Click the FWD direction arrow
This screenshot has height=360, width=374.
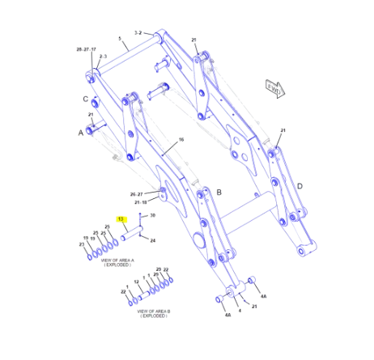pyautogui.click(x=274, y=88)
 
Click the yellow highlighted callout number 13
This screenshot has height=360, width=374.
pyautogui.click(x=120, y=218)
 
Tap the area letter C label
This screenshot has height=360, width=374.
pyautogui.click(x=84, y=99)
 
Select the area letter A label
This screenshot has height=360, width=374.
pyautogui.click(x=80, y=132)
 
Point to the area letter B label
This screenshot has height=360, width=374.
pyautogui.click(x=219, y=192)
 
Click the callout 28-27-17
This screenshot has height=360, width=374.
pyautogui.click(x=86, y=50)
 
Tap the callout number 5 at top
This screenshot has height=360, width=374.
pyautogui.click(x=118, y=39)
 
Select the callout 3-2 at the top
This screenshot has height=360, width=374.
pyautogui.click(x=138, y=32)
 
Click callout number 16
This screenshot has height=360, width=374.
pyautogui.click(x=181, y=140)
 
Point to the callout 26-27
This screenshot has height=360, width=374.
pyautogui.click(x=136, y=194)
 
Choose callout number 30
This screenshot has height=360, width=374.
pyautogui.click(x=152, y=215)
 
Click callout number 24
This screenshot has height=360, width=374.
pyautogui.click(x=152, y=240)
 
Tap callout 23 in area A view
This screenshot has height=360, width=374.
pyautogui.click(x=81, y=244)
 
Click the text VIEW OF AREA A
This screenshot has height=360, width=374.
pyautogui.click(x=117, y=260)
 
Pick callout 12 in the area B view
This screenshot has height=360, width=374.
pyautogui.click(x=137, y=282)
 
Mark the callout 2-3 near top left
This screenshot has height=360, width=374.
pyautogui.click(x=103, y=56)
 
